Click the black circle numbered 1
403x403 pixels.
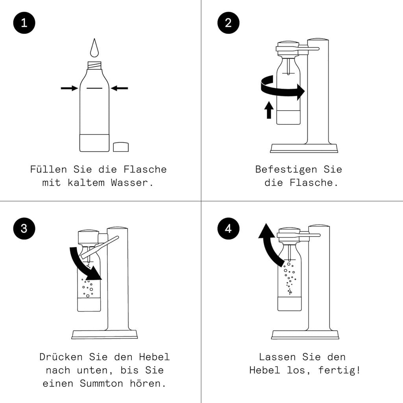coord(24,23)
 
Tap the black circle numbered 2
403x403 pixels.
coord(229,23)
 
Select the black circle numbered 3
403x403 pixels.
coord(24,228)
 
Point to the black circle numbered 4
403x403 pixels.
coord(229,228)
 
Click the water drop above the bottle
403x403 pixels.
coord(94,48)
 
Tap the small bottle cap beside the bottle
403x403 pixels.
coord(121,147)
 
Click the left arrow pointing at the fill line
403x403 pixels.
coord(69,89)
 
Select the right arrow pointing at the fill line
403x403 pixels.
coord(119,89)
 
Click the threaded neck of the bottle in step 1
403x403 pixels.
coord(94,65)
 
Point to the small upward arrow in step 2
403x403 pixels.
coord(269,110)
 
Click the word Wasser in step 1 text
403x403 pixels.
coord(132,183)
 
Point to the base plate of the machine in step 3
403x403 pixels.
coord(104,335)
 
